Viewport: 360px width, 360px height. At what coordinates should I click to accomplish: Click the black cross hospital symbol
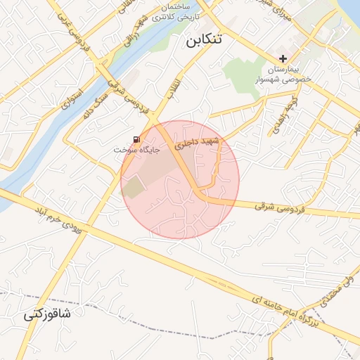pos(283,58)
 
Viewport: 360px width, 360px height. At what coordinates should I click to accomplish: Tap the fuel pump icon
pos(136,139)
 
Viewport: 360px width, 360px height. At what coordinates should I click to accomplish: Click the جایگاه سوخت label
pos(138,150)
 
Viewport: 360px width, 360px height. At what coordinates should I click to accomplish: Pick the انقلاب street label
pos(172,86)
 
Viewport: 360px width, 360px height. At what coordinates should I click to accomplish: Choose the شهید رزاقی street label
pos(134,32)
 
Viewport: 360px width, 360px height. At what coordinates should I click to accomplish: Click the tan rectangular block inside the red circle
pos(132,187)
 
